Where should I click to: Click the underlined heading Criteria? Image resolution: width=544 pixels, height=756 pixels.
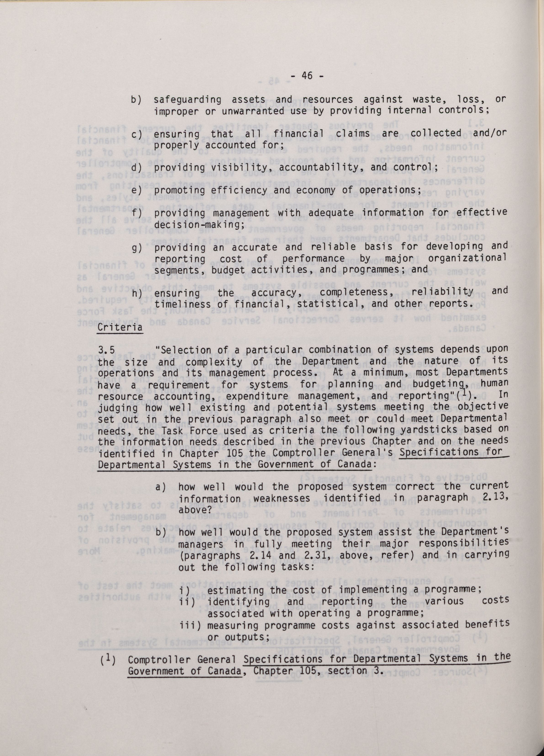119,327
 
